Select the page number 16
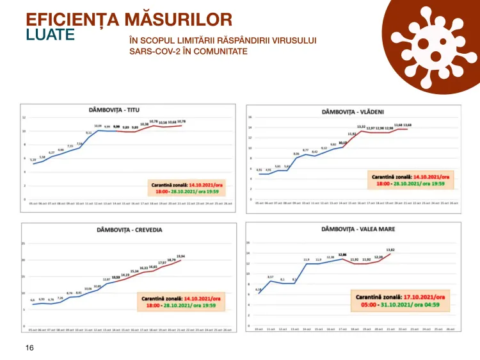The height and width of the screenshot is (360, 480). pos(29,347)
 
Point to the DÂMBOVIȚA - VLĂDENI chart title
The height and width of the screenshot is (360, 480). pos(354,110)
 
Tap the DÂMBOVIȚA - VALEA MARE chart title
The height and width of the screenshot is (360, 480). pos(353,229)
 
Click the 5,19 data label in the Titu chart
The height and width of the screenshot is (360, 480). pos(33,159)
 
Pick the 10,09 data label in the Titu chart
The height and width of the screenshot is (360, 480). pos(98,126)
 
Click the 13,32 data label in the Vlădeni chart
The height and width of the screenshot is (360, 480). pos(361,126)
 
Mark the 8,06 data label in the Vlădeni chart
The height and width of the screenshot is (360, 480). pos(296,154)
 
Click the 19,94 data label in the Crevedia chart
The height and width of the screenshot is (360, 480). pos(180,256)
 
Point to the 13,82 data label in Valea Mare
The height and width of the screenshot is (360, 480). pos(390,250)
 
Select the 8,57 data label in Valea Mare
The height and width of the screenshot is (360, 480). pos(270,276)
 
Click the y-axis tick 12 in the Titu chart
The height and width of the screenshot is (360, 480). pos(24,118)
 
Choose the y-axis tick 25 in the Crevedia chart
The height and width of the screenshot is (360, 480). pos(24,243)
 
